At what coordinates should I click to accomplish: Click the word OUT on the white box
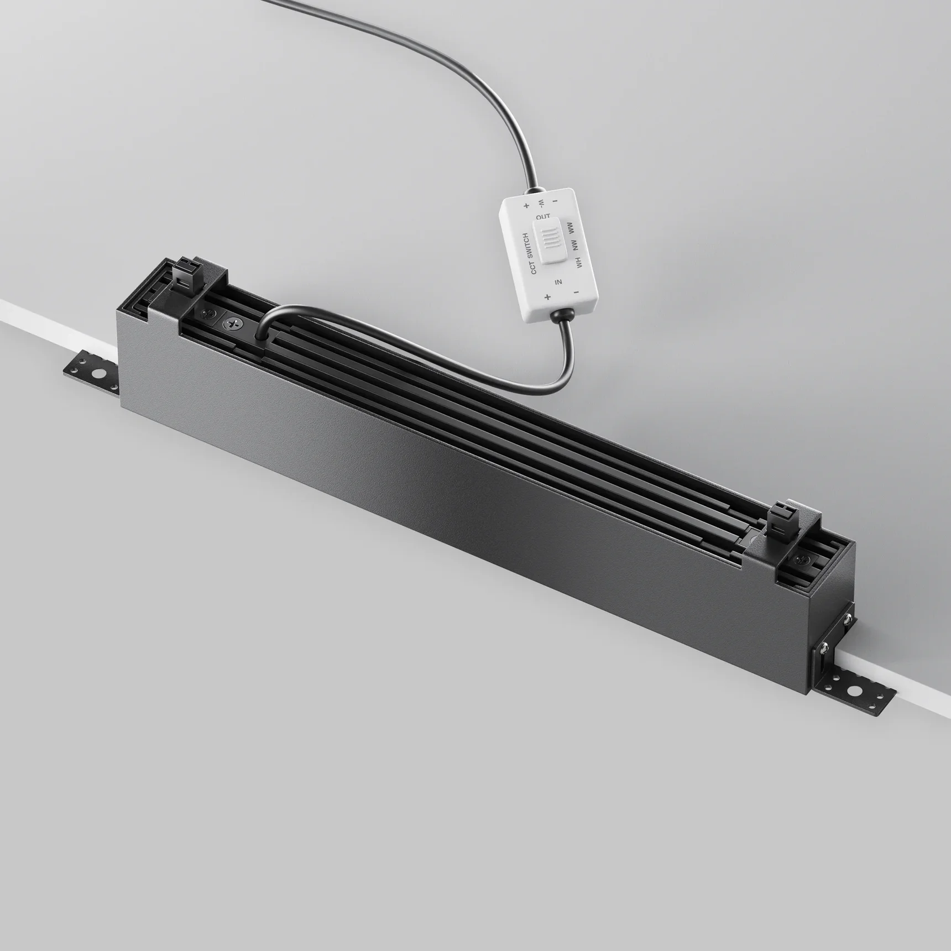pyautogui.click(x=543, y=216)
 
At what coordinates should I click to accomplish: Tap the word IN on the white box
pyautogui.click(x=558, y=282)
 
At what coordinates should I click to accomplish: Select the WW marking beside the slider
pyautogui.click(x=571, y=227)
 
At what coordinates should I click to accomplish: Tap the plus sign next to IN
pyautogui.click(x=547, y=297)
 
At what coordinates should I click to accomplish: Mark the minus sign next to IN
pyautogui.click(x=576, y=291)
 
